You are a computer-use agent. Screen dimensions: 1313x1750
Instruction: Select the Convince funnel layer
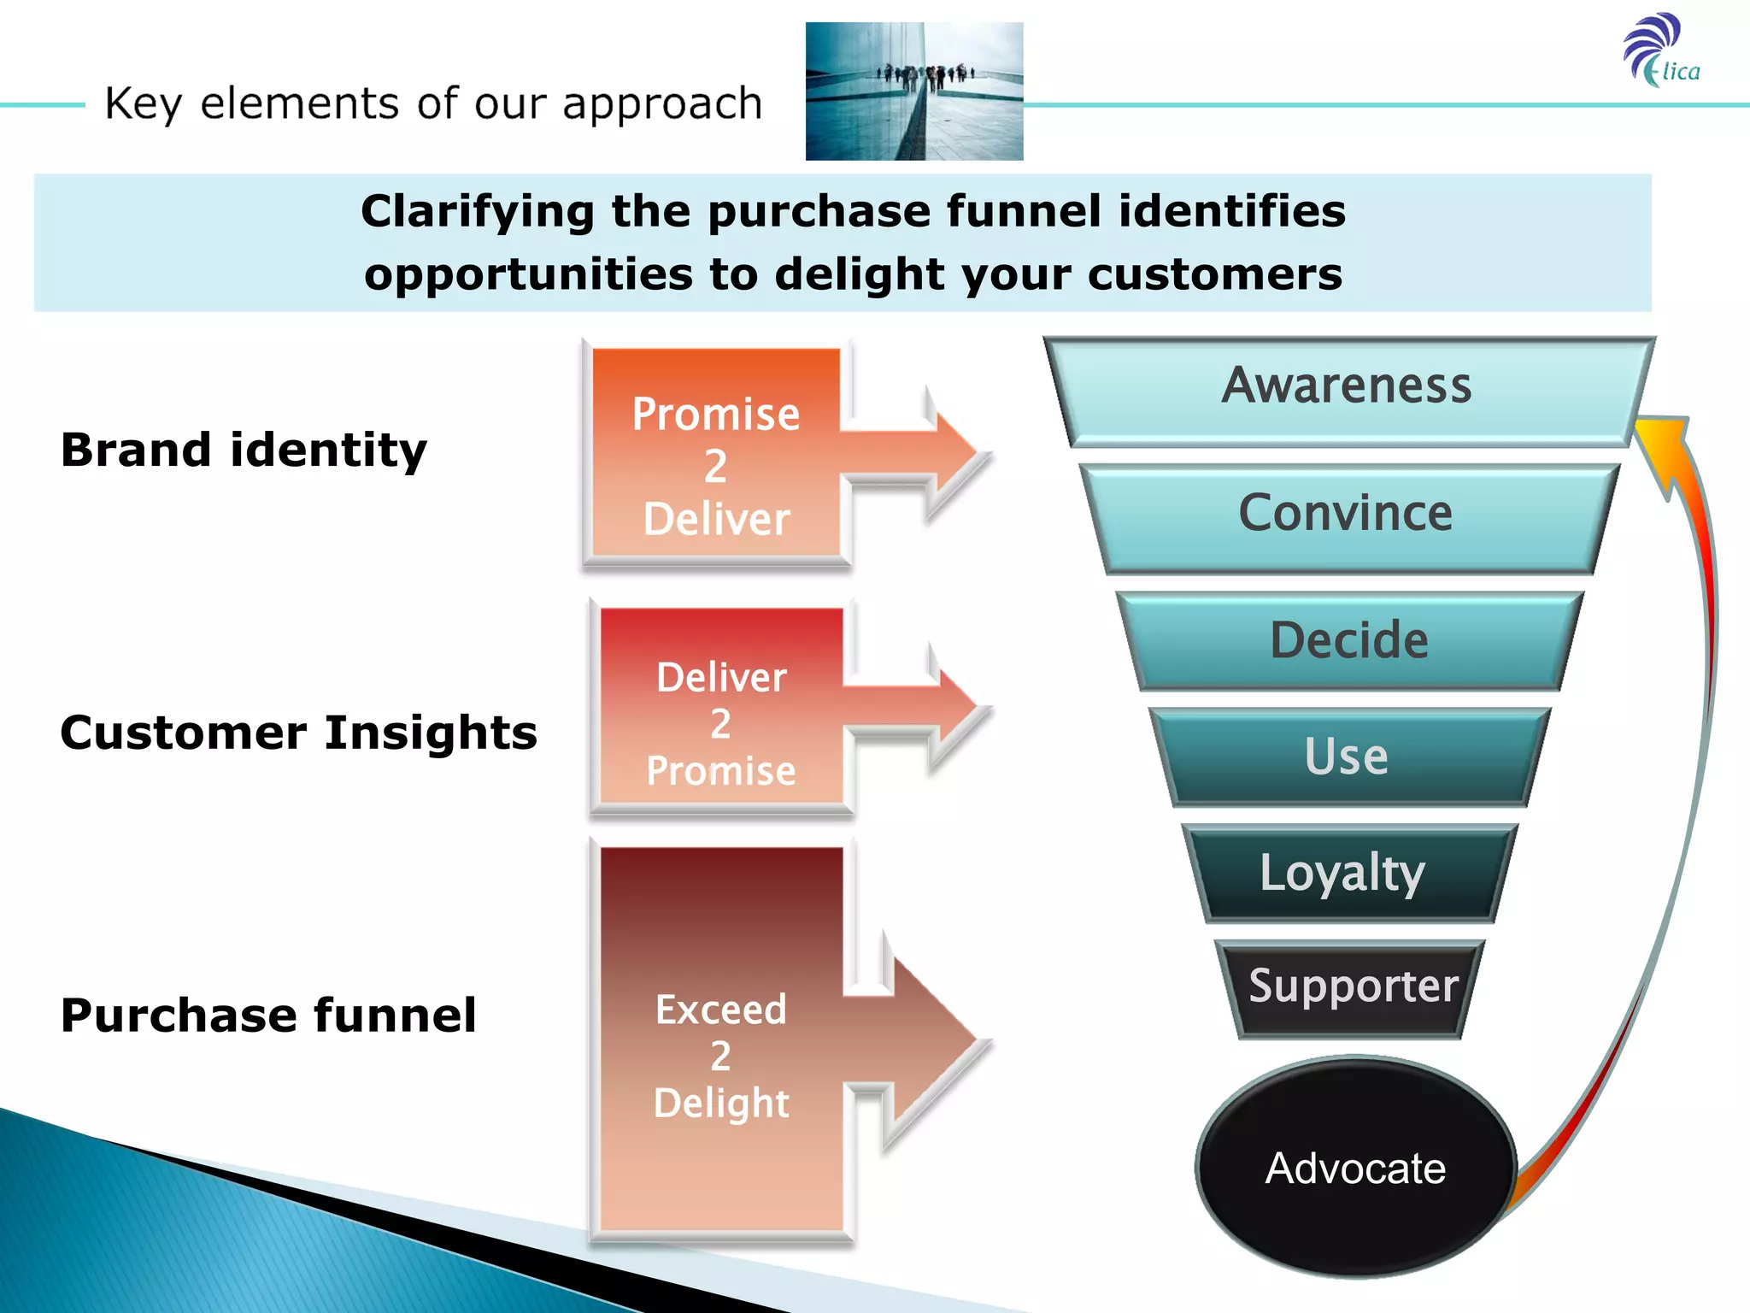[x=1348, y=515]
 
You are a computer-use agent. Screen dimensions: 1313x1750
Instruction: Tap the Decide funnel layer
[x=1349, y=640]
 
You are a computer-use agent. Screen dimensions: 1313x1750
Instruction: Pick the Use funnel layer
[x=1348, y=757]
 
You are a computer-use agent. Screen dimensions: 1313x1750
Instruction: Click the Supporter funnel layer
[x=1353, y=987]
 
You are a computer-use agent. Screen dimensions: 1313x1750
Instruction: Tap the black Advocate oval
[x=1355, y=1168]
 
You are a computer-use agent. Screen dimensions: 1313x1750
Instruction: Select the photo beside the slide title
[x=913, y=91]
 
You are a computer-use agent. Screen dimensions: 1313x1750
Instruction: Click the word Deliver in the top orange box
[x=717, y=519]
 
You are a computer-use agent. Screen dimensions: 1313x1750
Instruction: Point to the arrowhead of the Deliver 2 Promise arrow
[x=957, y=707]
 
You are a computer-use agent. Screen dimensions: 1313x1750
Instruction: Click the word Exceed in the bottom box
[x=720, y=1010]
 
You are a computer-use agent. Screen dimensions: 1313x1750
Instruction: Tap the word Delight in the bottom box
[x=721, y=1103]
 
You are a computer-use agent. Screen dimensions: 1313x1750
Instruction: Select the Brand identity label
[x=244, y=450]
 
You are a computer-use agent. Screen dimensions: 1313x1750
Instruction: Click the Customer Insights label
[x=298, y=733]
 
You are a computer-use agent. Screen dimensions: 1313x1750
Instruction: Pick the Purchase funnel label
[x=268, y=1015]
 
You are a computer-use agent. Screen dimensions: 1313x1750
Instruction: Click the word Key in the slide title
[x=143, y=104]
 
